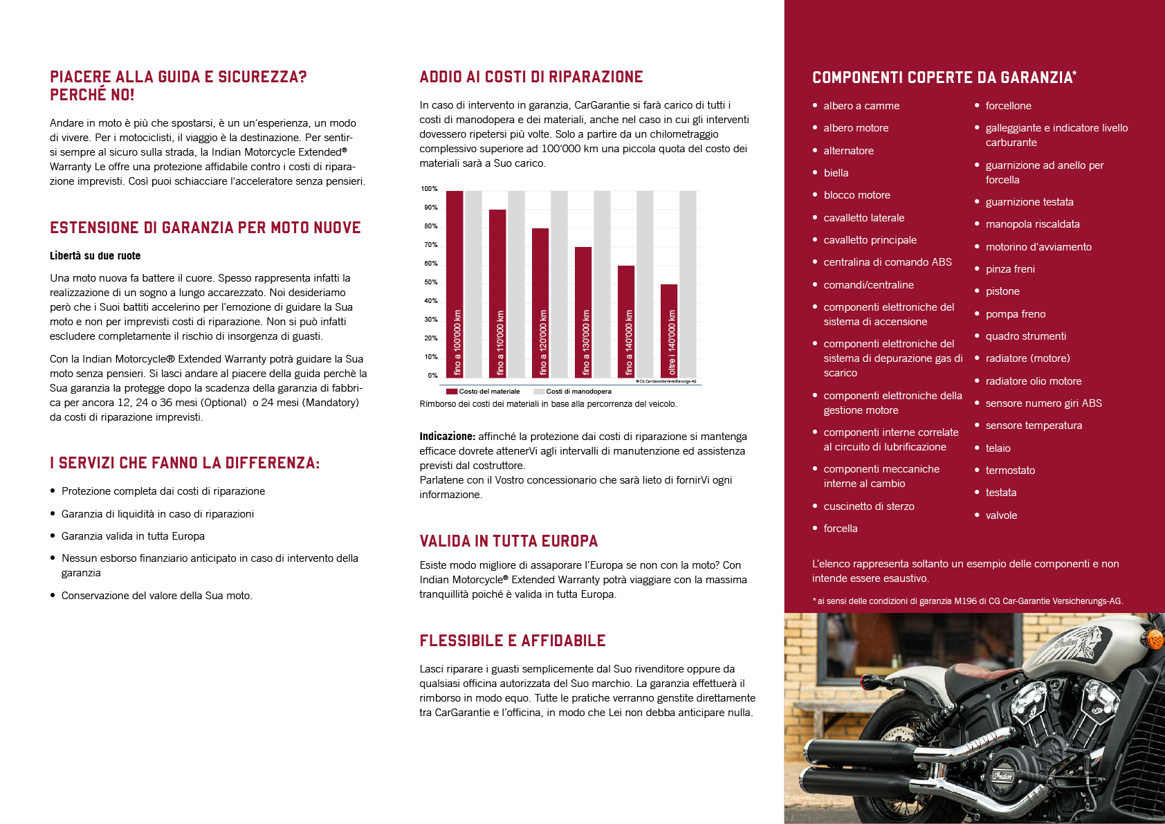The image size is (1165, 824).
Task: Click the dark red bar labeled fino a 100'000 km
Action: (x=455, y=284)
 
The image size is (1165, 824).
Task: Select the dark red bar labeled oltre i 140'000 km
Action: (x=669, y=331)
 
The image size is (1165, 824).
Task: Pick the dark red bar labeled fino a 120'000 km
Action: (x=540, y=303)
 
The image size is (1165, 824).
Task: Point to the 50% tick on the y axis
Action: (x=430, y=282)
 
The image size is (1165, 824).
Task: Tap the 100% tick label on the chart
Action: (x=429, y=189)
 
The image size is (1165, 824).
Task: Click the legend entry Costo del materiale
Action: (x=483, y=392)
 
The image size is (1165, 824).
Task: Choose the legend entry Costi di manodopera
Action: (x=572, y=392)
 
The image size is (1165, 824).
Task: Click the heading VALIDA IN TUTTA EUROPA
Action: (x=508, y=541)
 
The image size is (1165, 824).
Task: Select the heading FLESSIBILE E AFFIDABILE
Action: (x=513, y=641)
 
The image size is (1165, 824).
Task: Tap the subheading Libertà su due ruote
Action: (x=95, y=255)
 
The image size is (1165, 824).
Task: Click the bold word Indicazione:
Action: (x=448, y=437)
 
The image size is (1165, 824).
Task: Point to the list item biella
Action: (x=836, y=173)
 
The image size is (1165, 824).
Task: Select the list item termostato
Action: (x=1010, y=470)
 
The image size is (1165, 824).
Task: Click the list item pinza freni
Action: (x=1010, y=269)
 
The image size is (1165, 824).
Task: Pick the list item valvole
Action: (x=1001, y=515)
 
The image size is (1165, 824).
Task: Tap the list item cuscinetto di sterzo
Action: (x=868, y=506)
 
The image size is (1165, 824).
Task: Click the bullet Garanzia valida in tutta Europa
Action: (x=133, y=535)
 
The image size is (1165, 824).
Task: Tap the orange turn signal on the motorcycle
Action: (x=1156, y=639)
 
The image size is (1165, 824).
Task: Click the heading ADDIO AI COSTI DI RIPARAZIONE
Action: (x=531, y=77)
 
